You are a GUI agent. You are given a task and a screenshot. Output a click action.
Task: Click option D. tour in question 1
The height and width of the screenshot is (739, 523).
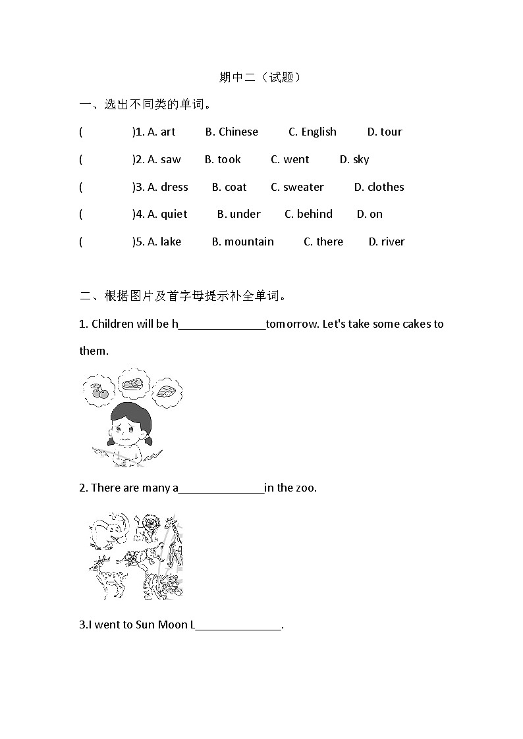pos(384,132)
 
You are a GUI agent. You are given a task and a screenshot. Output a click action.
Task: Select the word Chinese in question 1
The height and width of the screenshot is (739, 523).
pos(238,132)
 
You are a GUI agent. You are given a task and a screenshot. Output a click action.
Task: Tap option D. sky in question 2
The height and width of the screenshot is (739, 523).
pos(354,159)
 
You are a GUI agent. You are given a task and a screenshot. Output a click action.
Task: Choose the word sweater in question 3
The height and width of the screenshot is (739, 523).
pos(303,187)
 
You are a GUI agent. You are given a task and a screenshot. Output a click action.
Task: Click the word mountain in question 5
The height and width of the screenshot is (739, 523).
pos(249,242)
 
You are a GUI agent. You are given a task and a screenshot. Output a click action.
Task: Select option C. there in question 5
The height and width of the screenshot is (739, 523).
pos(323,242)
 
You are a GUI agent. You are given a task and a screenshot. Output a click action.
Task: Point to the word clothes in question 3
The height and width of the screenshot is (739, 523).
pos(385,187)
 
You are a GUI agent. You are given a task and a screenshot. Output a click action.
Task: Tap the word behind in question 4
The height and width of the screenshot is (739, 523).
pos(315,214)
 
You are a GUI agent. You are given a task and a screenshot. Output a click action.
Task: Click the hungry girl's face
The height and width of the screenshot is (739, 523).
pos(129,431)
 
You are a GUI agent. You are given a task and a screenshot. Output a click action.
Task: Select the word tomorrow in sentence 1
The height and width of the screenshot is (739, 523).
pos(292,324)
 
